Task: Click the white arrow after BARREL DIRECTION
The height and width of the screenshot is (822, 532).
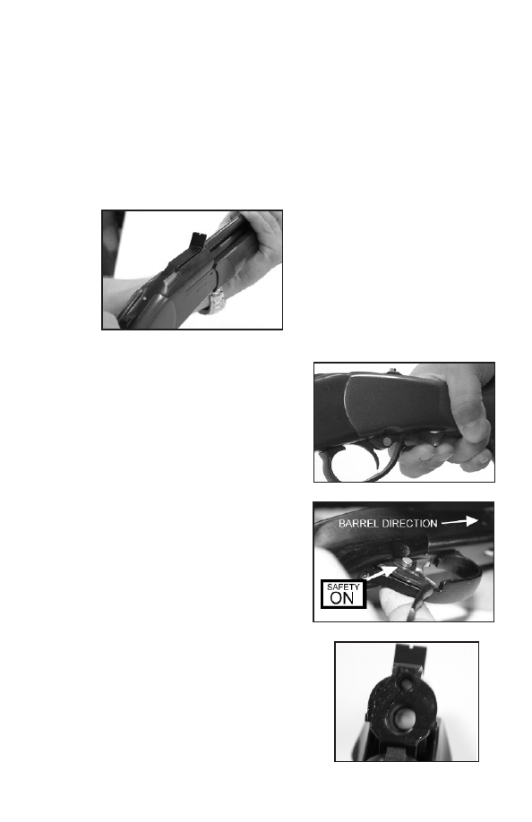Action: point(459,522)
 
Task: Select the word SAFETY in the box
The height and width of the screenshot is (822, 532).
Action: point(343,587)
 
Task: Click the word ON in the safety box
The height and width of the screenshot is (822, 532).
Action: point(343,598)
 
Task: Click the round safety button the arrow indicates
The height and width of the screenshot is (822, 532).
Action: point(408,562)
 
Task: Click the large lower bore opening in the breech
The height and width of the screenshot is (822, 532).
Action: point(404,716)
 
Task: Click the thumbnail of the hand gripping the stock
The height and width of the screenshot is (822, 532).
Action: point(475,431)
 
